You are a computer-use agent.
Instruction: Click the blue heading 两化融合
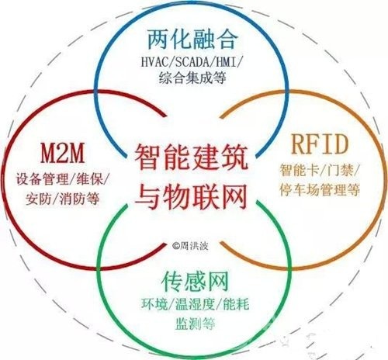[192, 40]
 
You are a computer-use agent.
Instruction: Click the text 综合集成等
[192, 78]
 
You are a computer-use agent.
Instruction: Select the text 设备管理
[42, 179]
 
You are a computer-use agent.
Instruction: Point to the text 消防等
[80, 199]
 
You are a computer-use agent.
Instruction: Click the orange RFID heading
[320, 144]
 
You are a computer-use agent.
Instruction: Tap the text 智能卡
[299, 170]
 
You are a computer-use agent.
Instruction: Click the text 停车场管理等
[320, 190]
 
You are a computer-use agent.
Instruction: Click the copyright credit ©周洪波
[190, 245]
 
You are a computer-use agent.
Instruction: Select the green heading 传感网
[195, 281]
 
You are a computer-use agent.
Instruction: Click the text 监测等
[196, 324]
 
